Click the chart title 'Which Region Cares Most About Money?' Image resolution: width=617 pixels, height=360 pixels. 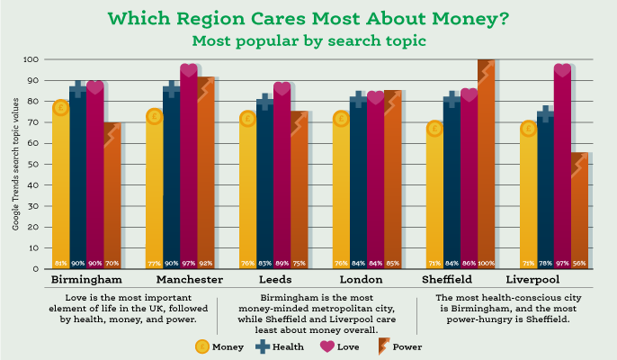(x=308, y=18)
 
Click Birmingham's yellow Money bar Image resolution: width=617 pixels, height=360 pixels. (x=60, y=189)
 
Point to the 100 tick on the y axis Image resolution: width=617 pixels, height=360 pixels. (x=32, y=59)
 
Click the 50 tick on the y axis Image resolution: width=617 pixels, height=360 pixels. (x=34, y=164)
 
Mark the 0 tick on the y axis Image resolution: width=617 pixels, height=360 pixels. (x=37, y=268)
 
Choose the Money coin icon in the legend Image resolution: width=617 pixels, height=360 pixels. (x=202, y=346)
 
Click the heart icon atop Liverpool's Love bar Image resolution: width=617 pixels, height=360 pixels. (x=562, y=70)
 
